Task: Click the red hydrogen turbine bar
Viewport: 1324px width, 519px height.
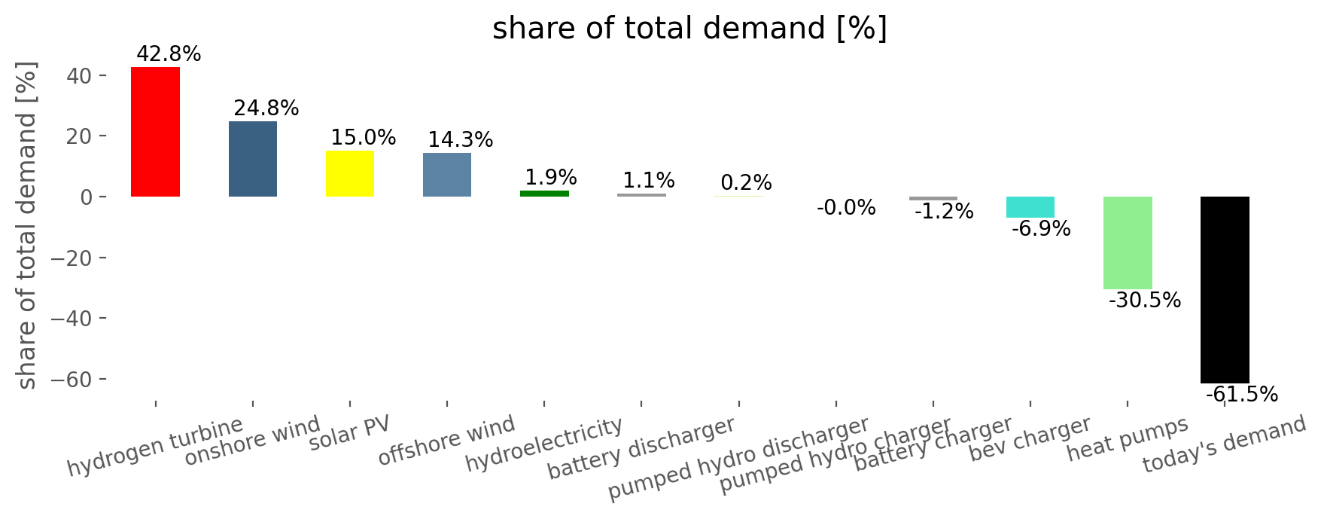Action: coord(155,132)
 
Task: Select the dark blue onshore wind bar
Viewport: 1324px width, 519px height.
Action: coord(253,159)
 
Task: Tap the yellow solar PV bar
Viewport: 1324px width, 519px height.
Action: coord(350,174)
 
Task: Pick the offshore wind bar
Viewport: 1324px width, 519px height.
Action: coord(447,175)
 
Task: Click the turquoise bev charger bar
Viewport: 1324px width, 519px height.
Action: coord(1030,207)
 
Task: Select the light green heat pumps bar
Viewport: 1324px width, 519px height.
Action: coord(1128,243)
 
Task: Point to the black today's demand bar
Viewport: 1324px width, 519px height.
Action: coord(1225,290)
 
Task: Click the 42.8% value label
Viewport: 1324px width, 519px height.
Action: coord(169,54)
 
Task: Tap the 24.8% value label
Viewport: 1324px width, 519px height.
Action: coord(266,108)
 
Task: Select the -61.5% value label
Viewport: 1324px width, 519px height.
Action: coord(1242,395)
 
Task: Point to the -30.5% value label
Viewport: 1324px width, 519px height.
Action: coord(1145,301)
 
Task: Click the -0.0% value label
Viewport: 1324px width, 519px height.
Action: coord(846,208)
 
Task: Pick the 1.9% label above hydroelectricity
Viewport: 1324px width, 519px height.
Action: coord(551,178)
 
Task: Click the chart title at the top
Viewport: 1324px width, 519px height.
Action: coord(690,29)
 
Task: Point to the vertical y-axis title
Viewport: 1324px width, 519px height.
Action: coord(27,226)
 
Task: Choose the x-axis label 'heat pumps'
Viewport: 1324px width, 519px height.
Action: coord(1128,439)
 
